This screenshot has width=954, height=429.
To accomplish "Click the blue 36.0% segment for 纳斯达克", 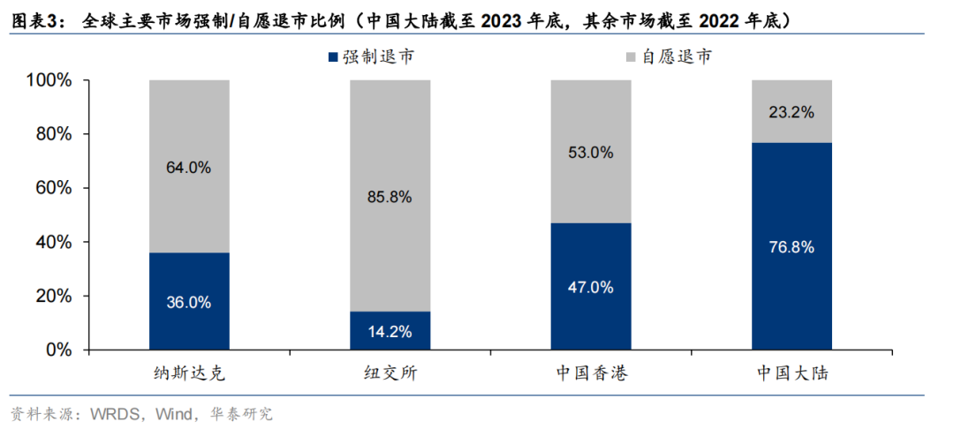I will point(188,301).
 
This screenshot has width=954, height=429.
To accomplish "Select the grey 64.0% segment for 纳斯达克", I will point(188,167).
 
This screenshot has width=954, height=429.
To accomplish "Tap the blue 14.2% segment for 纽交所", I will point(390,330).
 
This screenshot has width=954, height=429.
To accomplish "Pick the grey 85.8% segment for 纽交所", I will point(390,196).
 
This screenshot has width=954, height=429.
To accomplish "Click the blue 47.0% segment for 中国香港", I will point(590,286).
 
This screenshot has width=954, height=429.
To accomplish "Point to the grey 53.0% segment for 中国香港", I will point(590,152).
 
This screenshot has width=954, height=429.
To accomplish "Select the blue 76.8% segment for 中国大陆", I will point(791,246).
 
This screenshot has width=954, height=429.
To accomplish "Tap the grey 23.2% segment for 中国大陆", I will point(791,111).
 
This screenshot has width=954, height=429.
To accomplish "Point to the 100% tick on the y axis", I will point(50,80).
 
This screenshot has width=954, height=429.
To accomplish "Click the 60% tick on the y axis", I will point(55,188).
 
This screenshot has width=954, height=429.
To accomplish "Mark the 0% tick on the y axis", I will point(59,350).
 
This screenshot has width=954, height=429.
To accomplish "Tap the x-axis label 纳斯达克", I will point(188,373).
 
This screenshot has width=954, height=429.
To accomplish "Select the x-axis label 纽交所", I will point(390,373).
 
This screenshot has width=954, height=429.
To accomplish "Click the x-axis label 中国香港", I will point(590,373).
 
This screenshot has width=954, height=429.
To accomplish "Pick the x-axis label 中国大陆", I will point(791,373).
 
